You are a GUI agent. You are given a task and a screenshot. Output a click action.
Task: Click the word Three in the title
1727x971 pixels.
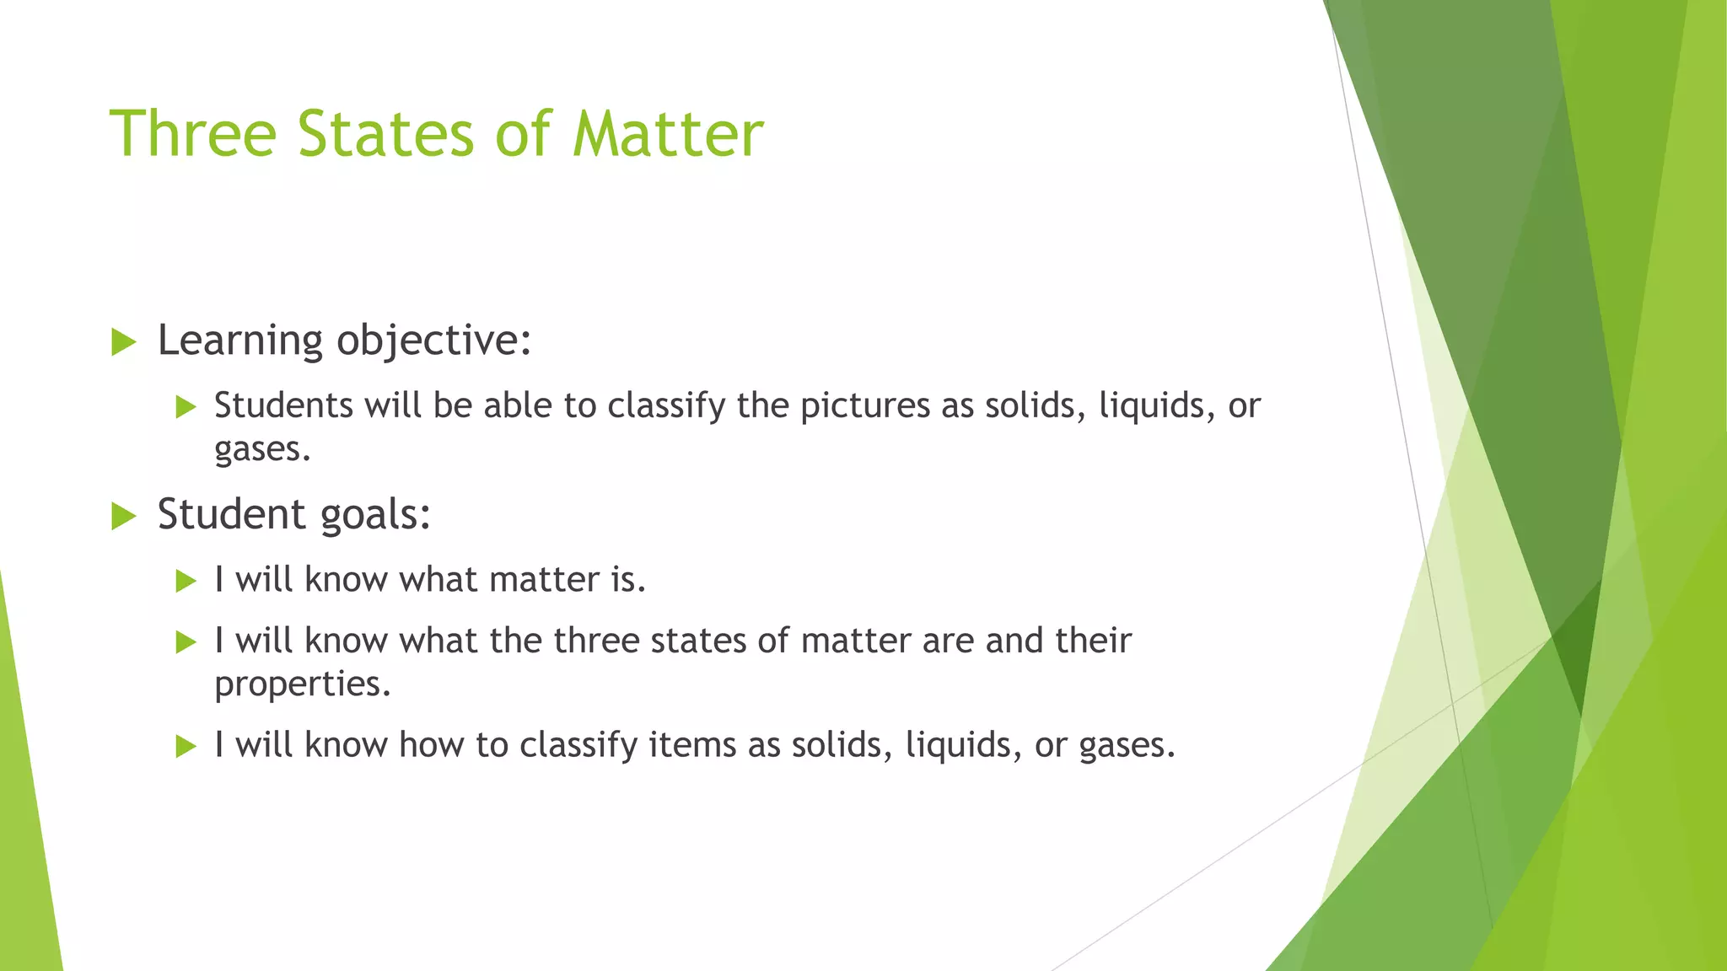[193, 134]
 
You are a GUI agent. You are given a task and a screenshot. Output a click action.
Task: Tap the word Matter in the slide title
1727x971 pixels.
[668, 134]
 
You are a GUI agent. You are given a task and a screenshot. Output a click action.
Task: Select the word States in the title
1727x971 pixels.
[385, 134]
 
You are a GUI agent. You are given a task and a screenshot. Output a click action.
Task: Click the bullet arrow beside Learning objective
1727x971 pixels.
[123, 342]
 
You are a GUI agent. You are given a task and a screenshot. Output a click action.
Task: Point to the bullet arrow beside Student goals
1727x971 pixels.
[123, 516]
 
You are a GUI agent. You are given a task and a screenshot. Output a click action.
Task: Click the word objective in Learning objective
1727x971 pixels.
[433, 341]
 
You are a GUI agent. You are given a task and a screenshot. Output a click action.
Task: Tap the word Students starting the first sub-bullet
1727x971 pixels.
[283, 405]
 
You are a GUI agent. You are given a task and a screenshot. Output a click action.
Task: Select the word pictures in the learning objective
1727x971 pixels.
[864, 406]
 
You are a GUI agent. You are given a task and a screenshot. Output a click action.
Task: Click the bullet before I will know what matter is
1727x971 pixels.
[186, 581]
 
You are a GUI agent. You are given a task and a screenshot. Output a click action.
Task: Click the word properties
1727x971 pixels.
[302, 684]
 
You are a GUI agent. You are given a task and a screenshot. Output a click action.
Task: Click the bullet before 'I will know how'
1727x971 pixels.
[186, 746]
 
